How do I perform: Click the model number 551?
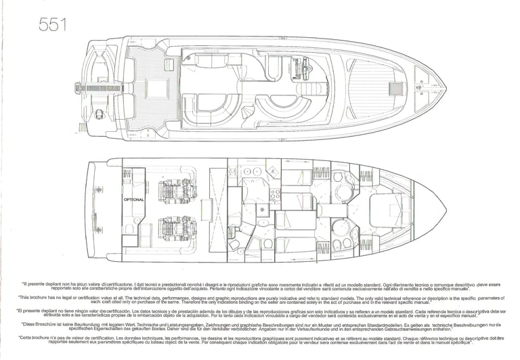click(52, 26)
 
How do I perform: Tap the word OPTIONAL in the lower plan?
click(134, 200)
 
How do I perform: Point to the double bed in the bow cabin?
click(391, 210)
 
